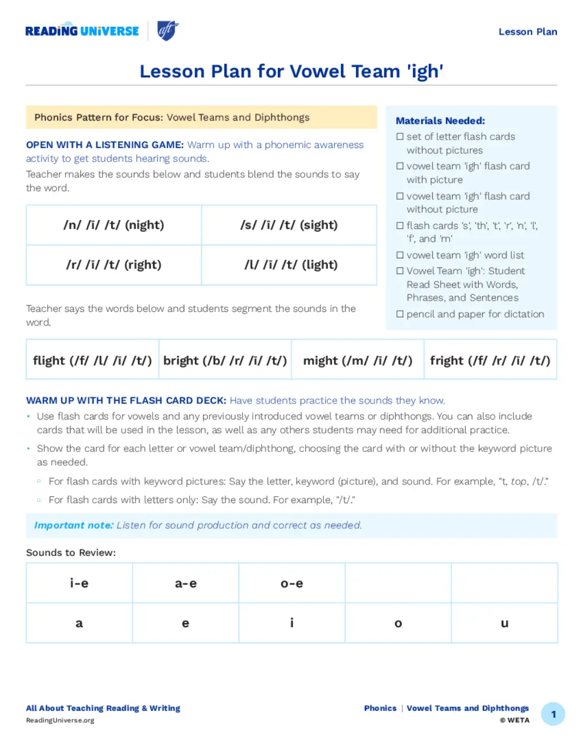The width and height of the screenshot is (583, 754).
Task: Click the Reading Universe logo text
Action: tap(82, 31)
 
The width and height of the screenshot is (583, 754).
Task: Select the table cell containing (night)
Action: tap(114, 225)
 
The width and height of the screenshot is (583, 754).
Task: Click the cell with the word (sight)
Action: tap(289, 225)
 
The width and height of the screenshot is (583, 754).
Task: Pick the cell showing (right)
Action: tap(114, 265)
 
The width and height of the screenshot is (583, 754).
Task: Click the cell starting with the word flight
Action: tap(92, 360)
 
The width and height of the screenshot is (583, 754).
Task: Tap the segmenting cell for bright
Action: tap(225, 360)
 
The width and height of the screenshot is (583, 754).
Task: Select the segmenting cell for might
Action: tap(358, 360)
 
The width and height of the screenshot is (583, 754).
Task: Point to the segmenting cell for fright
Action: tap(490, 360)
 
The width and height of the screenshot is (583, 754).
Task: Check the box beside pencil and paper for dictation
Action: tap(400, 314)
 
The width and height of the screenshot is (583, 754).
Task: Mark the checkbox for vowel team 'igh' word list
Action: tap(400, 256)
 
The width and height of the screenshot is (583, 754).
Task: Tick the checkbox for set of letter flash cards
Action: tap(400, 137)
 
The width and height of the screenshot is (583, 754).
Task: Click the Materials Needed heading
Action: tap(440, 121)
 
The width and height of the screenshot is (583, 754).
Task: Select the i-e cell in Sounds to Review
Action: tap(79, 583)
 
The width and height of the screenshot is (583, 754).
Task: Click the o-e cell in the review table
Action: tap(291, 583)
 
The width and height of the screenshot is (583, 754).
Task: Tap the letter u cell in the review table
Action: tap(504, 623)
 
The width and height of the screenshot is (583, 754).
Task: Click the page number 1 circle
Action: tap(553, 714)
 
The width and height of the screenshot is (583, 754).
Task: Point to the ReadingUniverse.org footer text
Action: tap(60, 720)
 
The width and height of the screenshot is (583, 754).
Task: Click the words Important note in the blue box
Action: tap(74, 525)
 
